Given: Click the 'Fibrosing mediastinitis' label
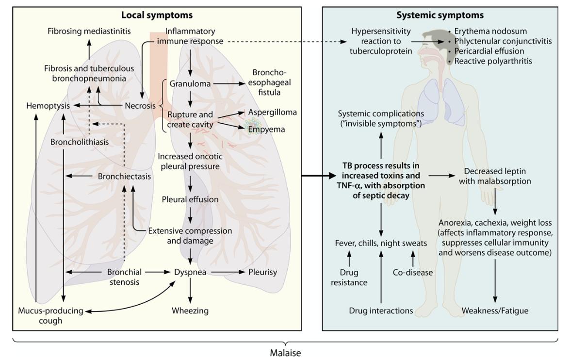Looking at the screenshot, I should click(x=89, y=32).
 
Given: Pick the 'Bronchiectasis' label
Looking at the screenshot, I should click(x=124, y=176).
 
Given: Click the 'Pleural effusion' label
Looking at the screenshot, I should click(x=190, y=199).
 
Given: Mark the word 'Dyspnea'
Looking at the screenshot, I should click(x=190, y=272).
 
